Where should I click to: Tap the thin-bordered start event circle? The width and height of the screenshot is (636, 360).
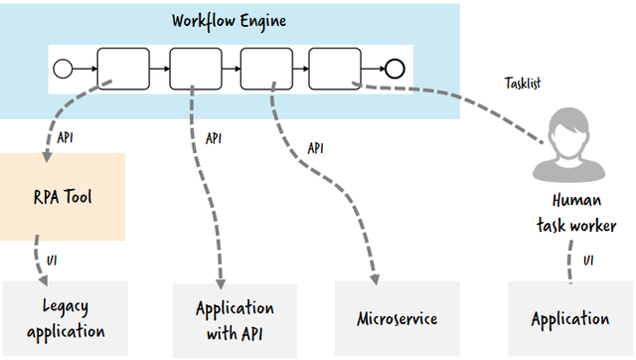63,69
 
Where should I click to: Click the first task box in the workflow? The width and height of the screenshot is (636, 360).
121,69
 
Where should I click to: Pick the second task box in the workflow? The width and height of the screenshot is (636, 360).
193,69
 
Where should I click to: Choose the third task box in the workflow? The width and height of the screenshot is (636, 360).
263,69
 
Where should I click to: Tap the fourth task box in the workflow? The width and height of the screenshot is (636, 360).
334,69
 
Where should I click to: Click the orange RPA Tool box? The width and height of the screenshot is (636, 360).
63,196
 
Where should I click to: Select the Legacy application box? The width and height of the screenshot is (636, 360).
66,318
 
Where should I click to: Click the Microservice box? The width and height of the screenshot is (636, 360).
397,318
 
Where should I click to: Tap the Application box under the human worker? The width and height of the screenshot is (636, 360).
569,318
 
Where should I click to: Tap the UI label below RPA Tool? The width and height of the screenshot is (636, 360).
52,261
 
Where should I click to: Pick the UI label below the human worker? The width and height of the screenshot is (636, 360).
588,261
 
